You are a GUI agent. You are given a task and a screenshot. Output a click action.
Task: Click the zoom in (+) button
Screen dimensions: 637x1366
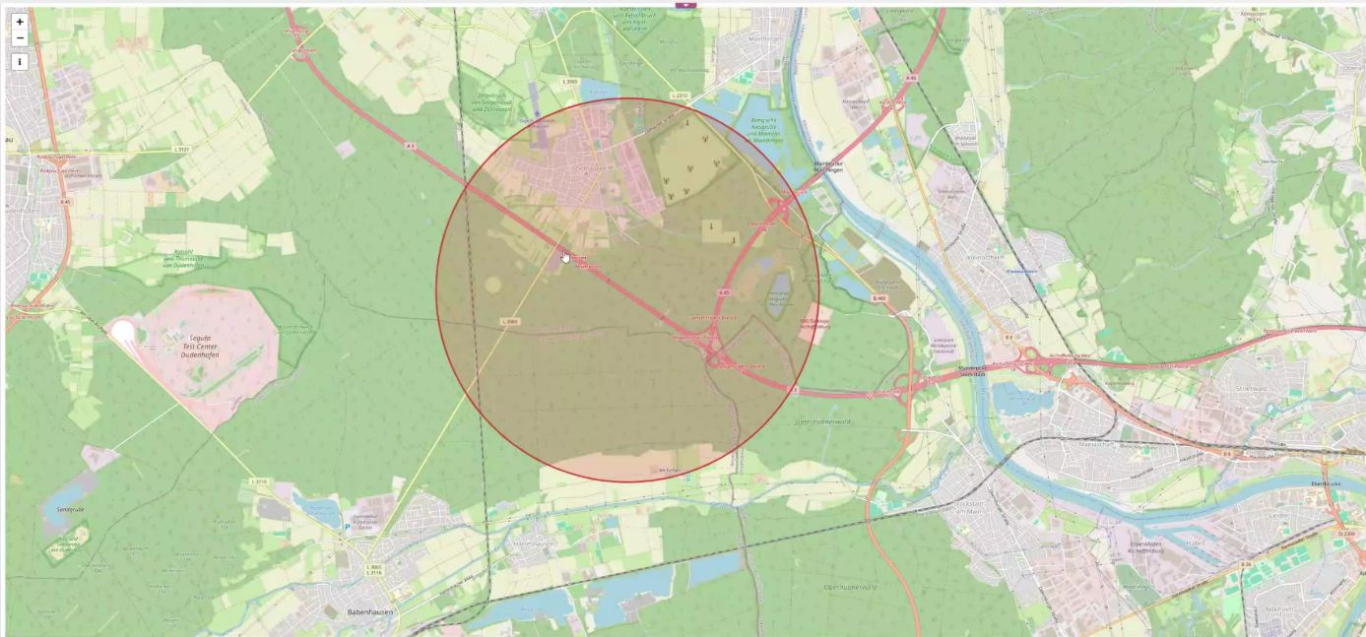tap(20, 22)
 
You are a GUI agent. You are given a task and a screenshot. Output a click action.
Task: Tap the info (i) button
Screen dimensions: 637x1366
tap(20, 61)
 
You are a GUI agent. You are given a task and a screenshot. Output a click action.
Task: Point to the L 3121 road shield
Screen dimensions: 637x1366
tap(180, 149)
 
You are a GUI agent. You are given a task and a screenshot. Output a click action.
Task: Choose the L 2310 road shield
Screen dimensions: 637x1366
tap(679, 96)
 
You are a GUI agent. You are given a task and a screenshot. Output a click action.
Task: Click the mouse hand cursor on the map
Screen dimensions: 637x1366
tap(565, 257)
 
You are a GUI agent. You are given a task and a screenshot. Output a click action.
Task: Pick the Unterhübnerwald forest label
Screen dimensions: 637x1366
tap(822, 420)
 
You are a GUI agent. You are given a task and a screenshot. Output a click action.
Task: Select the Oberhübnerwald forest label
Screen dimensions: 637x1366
tap(849, 587)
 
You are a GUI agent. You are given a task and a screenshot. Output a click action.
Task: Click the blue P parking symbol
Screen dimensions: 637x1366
tap(347, 527)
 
